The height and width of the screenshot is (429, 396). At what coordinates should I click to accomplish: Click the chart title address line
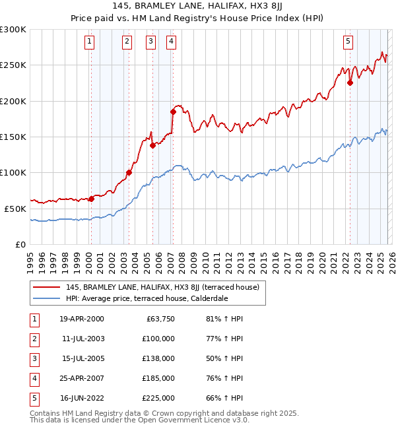[x=197, y=6]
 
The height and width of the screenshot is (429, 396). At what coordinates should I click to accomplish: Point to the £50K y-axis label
[x=15, y=209]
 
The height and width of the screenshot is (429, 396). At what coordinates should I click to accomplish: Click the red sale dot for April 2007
[x=172, y=112]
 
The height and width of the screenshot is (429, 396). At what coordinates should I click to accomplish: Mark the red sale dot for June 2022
[x=350, y=83]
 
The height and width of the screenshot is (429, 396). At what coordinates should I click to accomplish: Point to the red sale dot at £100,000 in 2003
[x=129, y=173]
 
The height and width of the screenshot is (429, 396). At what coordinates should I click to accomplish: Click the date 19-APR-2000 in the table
[x=82, y=319]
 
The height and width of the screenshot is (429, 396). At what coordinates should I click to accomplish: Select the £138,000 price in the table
[x=159, y=358]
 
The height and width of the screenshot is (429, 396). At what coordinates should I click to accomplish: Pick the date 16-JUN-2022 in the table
[x=82, y=398]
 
